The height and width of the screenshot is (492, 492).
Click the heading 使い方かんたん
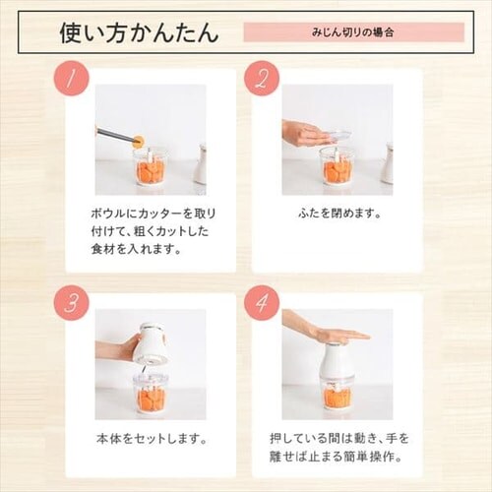click(x=139, y=32)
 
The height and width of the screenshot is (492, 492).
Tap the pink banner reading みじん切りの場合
click(x=354, y=32)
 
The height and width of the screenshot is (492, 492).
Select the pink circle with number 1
click(x=71, y=78)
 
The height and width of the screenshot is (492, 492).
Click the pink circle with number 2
click(x=262, y=78)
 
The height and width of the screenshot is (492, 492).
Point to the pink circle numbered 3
click(x=71, y=303)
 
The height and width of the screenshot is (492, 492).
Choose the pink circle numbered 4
click(x=262, y=303)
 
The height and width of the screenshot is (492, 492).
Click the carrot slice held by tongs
click(x=140, y=142)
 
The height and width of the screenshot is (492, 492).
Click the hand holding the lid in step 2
click(x=303, y=135)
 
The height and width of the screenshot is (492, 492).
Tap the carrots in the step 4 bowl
click(x=338, y=398)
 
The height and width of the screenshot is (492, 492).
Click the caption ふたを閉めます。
click(x=340, y=214)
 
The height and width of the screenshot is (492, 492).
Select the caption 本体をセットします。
click(x=152, y=439)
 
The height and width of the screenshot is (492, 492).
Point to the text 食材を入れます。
click(x=136, y=249)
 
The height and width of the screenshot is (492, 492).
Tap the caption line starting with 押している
click(x=339, y=439)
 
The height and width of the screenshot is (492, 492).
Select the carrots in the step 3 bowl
click(x=152, y=398)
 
